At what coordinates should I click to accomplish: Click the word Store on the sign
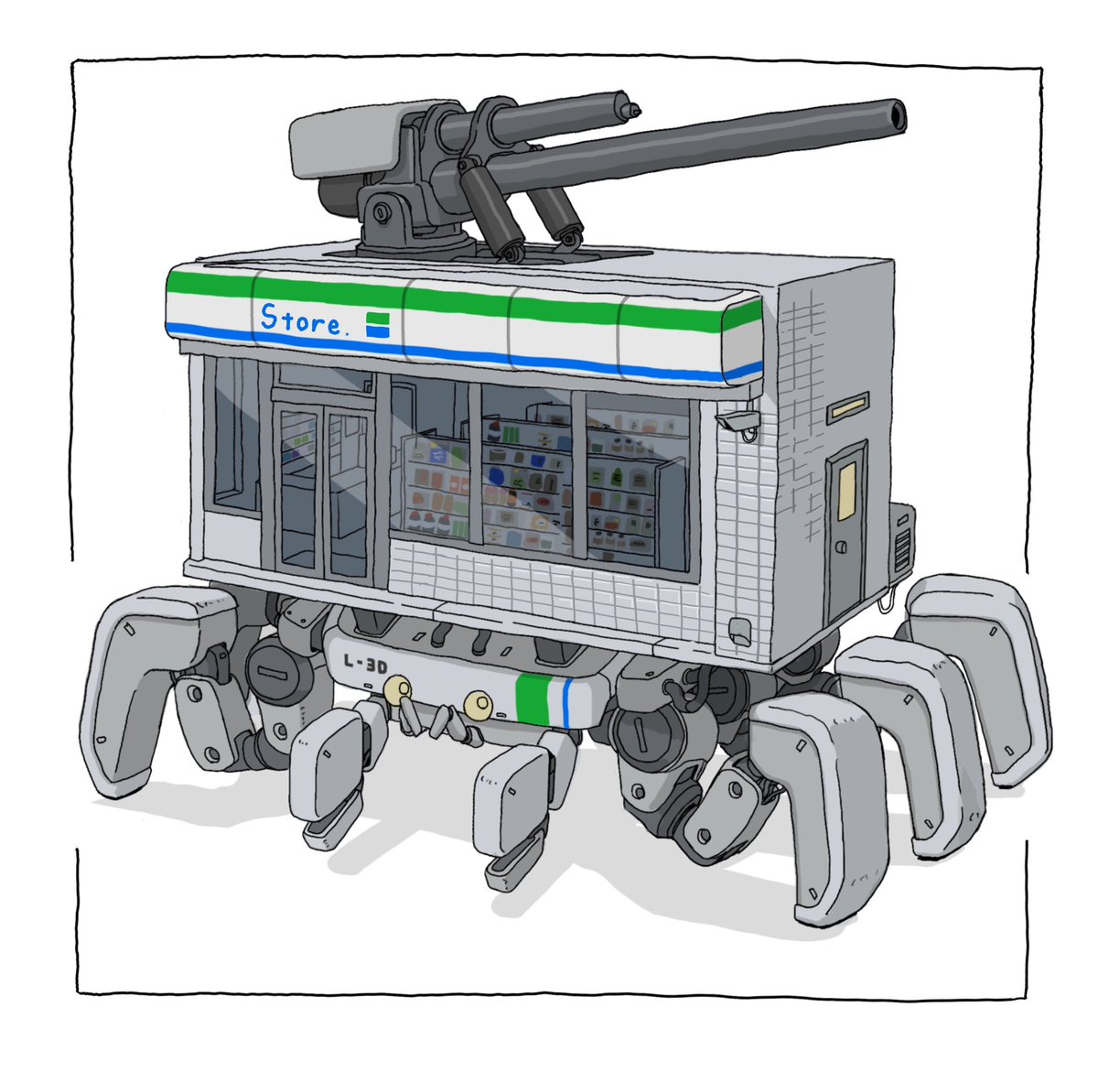(299, 319)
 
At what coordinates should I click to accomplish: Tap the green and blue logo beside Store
(378, 324)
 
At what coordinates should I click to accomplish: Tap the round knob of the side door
(840, 547)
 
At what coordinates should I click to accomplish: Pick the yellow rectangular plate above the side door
(848, 408)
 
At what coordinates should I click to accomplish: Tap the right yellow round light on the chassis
(478, 704)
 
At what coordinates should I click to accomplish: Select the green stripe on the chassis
(532, 698)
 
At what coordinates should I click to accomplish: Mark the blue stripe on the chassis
(568, 703)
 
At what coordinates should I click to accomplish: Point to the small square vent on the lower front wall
(737, 630)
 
